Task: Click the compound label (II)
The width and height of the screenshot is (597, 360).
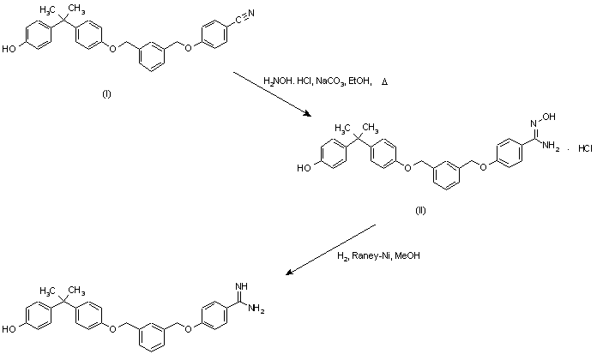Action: (x=421, y=209)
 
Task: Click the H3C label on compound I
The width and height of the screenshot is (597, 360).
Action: (x=42, y=8)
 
